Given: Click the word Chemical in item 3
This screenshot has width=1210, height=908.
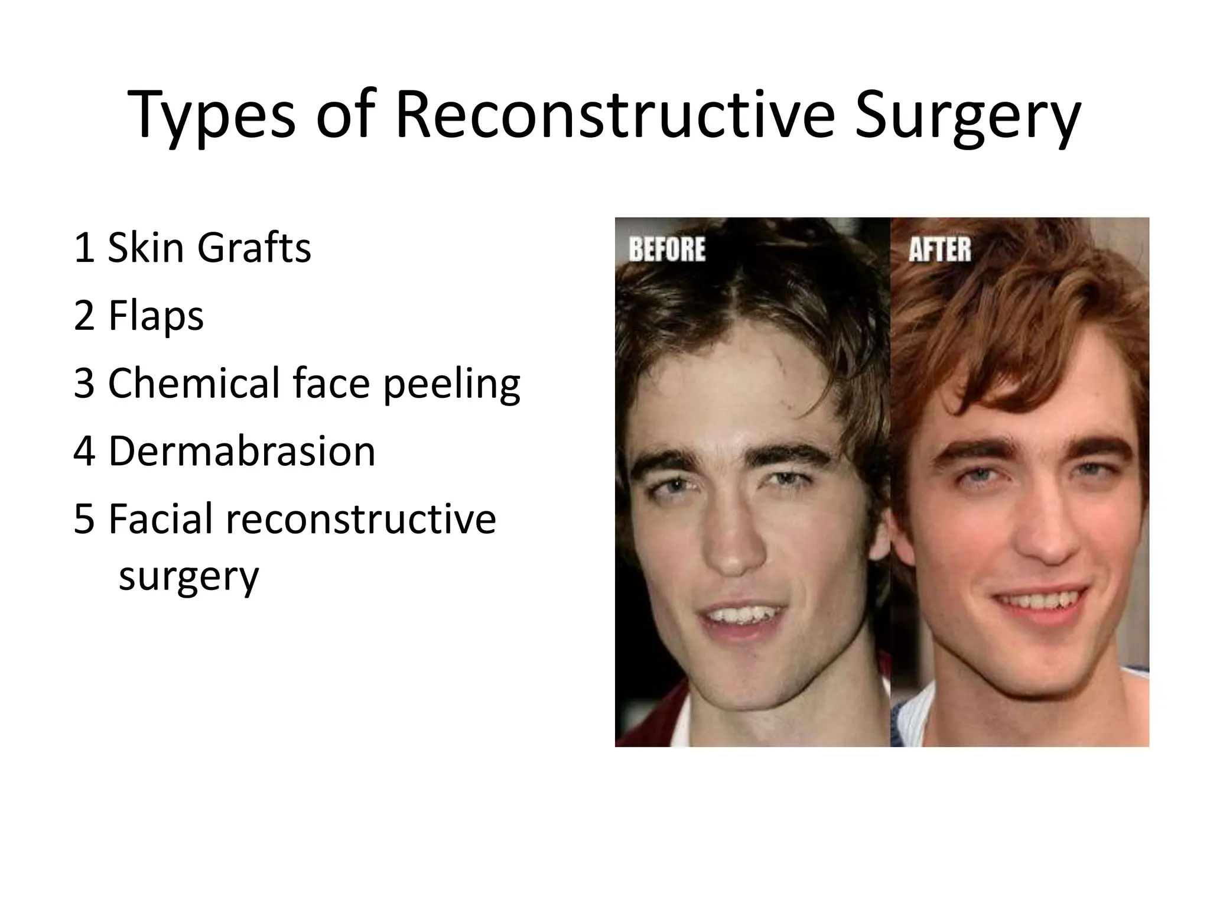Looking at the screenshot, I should pos(192,383).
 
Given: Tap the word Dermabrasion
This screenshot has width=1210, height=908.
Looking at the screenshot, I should pos(241,451).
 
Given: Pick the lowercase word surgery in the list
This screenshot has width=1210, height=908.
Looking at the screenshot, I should pos(188,576).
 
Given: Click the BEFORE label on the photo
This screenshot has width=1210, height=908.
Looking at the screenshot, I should pos(666,249).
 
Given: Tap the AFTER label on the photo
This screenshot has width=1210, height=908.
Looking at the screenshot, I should pos(939,249).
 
